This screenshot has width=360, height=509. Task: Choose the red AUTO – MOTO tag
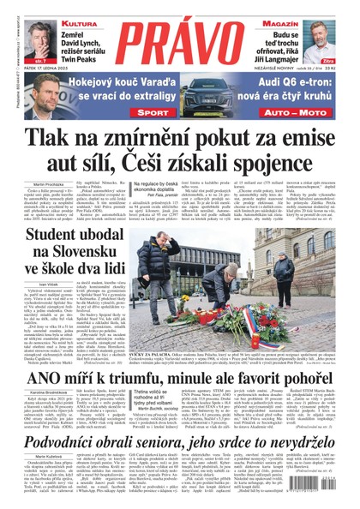point(289,112)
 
